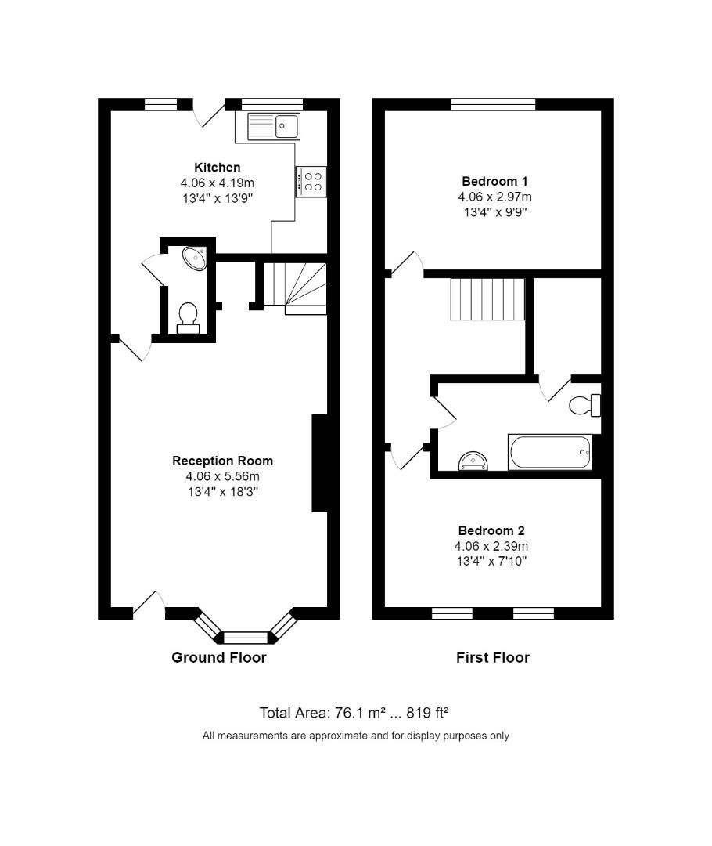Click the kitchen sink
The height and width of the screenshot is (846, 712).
274,126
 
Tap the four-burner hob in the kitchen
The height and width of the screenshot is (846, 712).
311,182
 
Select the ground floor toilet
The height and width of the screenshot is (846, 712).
188,318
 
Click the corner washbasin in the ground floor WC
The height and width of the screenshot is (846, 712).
195,258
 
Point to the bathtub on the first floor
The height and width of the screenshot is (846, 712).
549,452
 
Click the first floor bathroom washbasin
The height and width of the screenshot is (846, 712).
473,461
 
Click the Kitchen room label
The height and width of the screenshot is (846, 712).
217,168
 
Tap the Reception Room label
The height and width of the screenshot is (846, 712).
222,461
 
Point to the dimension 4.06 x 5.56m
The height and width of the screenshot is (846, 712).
222,476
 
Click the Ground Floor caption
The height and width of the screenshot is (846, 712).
219,658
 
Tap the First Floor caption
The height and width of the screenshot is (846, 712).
493,658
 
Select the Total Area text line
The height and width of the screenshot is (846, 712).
354,713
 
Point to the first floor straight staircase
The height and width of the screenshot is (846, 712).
487,298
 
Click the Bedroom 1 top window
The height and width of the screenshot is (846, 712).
493,104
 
